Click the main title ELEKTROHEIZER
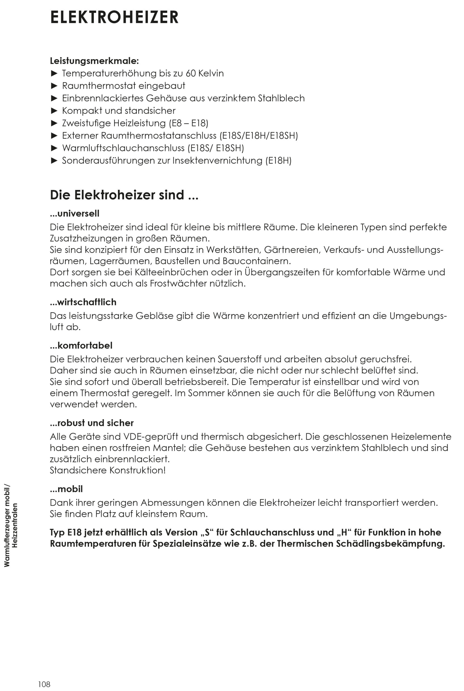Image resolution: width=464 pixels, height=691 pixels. tap(114, 17)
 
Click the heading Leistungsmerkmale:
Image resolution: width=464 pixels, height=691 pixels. tap(94, 61)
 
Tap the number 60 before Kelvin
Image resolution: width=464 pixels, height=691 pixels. tap(191, 73)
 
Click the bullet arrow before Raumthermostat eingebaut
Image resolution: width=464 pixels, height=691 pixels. tap(54, 86)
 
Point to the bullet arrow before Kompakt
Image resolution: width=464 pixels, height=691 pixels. tap(54, 111)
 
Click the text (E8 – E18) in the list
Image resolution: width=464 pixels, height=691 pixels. tap(188, 123)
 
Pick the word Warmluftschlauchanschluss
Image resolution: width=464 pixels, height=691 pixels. tap(123, 148)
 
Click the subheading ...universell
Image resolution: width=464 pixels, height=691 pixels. tap(74, 213)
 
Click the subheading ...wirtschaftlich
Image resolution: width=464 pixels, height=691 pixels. tap(83, 302)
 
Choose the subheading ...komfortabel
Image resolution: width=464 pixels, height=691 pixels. tap(81, 345)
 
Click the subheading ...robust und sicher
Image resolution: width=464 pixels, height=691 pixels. tap(92, 423)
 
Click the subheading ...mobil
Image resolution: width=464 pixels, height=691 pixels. tap(66, 489)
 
